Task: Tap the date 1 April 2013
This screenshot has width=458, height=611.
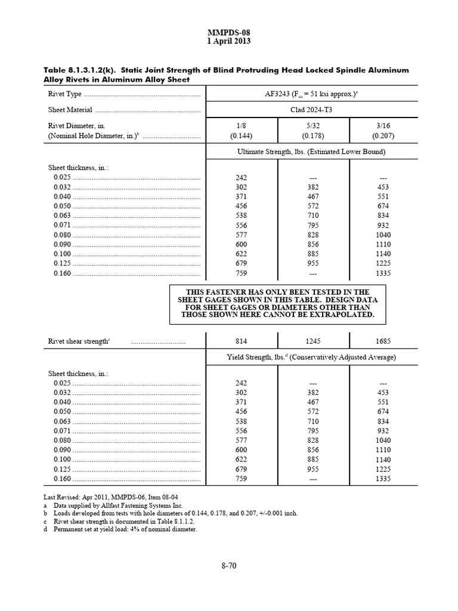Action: pyautogui.click(x=228, y=42)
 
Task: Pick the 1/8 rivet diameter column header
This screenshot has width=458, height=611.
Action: pyautogui.click(x=242, y=126)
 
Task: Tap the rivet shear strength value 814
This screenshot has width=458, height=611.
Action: pyautogui.click(x=242, y=341)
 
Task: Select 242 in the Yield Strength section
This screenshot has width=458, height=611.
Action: pyautogui.click(x=242, y=382)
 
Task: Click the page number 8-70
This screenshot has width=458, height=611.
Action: pyautogui.click(x=229, y=567)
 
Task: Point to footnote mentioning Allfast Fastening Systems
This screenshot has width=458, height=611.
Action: pyautogui.click(x=116, y=505)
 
